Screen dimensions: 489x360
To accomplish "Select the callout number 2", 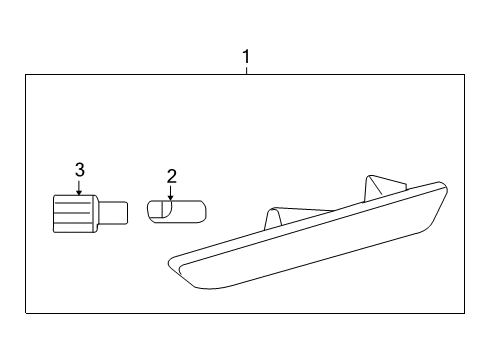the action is [x=171, y=177].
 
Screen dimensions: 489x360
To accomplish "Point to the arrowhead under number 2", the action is [x=171, y=198].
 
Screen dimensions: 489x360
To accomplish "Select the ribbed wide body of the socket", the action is [x=73, y=212].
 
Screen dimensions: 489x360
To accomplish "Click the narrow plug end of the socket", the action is [x=114, y=212].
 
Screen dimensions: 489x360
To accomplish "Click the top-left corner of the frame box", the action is [x=26, y=75].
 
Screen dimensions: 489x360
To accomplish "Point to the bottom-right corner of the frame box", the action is [x=466, y=314].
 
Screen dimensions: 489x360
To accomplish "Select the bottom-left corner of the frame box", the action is [x=26, y=314].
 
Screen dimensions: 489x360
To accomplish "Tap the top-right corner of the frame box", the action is [x=466, y=75].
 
